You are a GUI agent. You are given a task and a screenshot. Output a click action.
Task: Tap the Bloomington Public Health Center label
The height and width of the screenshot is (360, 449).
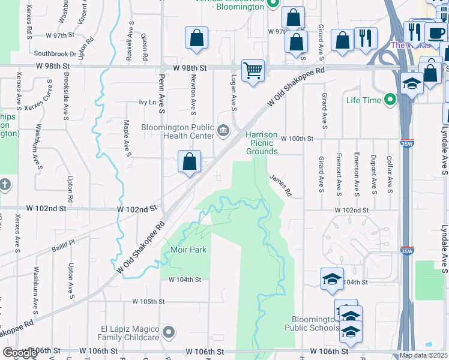coord(177,131)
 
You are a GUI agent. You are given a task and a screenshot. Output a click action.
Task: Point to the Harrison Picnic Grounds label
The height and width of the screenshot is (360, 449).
coord(262,143)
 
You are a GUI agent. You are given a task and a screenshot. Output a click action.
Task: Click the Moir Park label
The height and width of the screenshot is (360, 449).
coord(188,249)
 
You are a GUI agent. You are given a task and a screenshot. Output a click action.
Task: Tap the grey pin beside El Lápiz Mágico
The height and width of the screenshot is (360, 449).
coord(169,332)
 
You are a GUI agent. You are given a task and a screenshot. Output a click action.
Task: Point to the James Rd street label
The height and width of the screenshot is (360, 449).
coord(280,185)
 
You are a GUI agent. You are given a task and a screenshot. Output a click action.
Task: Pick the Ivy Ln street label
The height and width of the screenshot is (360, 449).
coord(147,102)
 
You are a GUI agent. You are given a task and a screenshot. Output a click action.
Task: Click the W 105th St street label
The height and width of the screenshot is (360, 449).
coord(149,301)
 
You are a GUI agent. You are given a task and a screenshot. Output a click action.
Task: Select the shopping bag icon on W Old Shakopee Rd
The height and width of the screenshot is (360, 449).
coord(189,162)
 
